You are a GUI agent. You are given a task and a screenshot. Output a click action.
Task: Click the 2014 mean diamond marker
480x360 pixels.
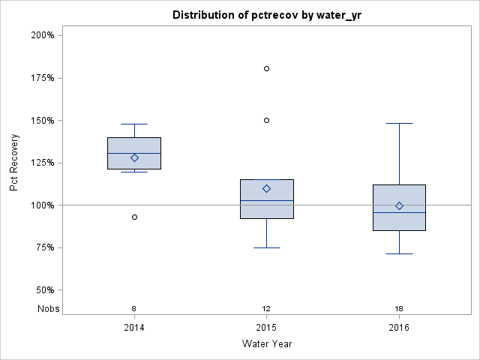[134, 157]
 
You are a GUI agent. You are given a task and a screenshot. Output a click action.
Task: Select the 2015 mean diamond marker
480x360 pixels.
[266, 188]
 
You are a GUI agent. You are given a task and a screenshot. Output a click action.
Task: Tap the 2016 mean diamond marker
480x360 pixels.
[399, 205]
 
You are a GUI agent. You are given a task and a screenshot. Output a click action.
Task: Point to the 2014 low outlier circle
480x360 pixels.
[134, 217]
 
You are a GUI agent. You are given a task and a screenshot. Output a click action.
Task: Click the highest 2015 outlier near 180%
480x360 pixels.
[266, 68]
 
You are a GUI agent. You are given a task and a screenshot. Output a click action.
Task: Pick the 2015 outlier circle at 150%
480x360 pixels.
[266, 120]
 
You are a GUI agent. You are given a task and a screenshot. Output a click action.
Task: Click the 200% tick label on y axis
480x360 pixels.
[41, 35]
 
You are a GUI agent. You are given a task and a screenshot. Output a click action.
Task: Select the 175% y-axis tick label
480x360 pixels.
[41, 78]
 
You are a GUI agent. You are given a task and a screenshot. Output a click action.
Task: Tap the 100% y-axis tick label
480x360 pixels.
[41, 205]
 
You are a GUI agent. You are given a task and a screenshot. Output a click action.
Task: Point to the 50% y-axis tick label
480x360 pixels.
[43, 290]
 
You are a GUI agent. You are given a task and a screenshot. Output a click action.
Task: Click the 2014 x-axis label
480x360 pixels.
[134, 327]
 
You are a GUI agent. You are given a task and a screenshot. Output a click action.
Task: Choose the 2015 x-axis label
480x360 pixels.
[266, 327]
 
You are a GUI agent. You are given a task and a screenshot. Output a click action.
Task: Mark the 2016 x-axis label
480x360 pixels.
[399, 327]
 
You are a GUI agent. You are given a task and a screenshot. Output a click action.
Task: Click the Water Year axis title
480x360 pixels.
[266, 344]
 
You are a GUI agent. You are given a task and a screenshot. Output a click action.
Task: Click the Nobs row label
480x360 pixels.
[47, 309]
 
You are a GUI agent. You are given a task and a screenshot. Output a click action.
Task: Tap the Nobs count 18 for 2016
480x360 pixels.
[399, 309]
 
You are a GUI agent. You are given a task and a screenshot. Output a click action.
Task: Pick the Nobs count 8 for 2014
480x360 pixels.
[134, 309]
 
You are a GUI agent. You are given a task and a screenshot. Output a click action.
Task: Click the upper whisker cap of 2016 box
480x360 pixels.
[399, 123]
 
